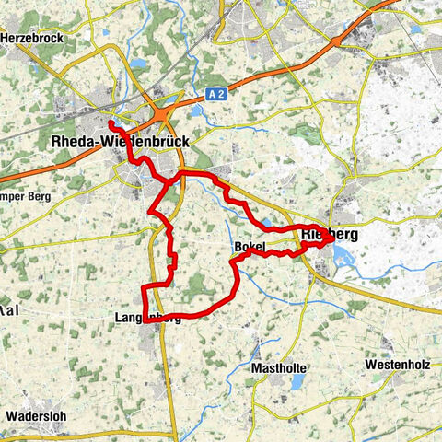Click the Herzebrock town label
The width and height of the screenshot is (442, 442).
32,38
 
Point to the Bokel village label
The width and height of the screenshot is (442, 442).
250,248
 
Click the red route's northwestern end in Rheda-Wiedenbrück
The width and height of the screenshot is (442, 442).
110,123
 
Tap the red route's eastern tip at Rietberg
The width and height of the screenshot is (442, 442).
329,237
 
